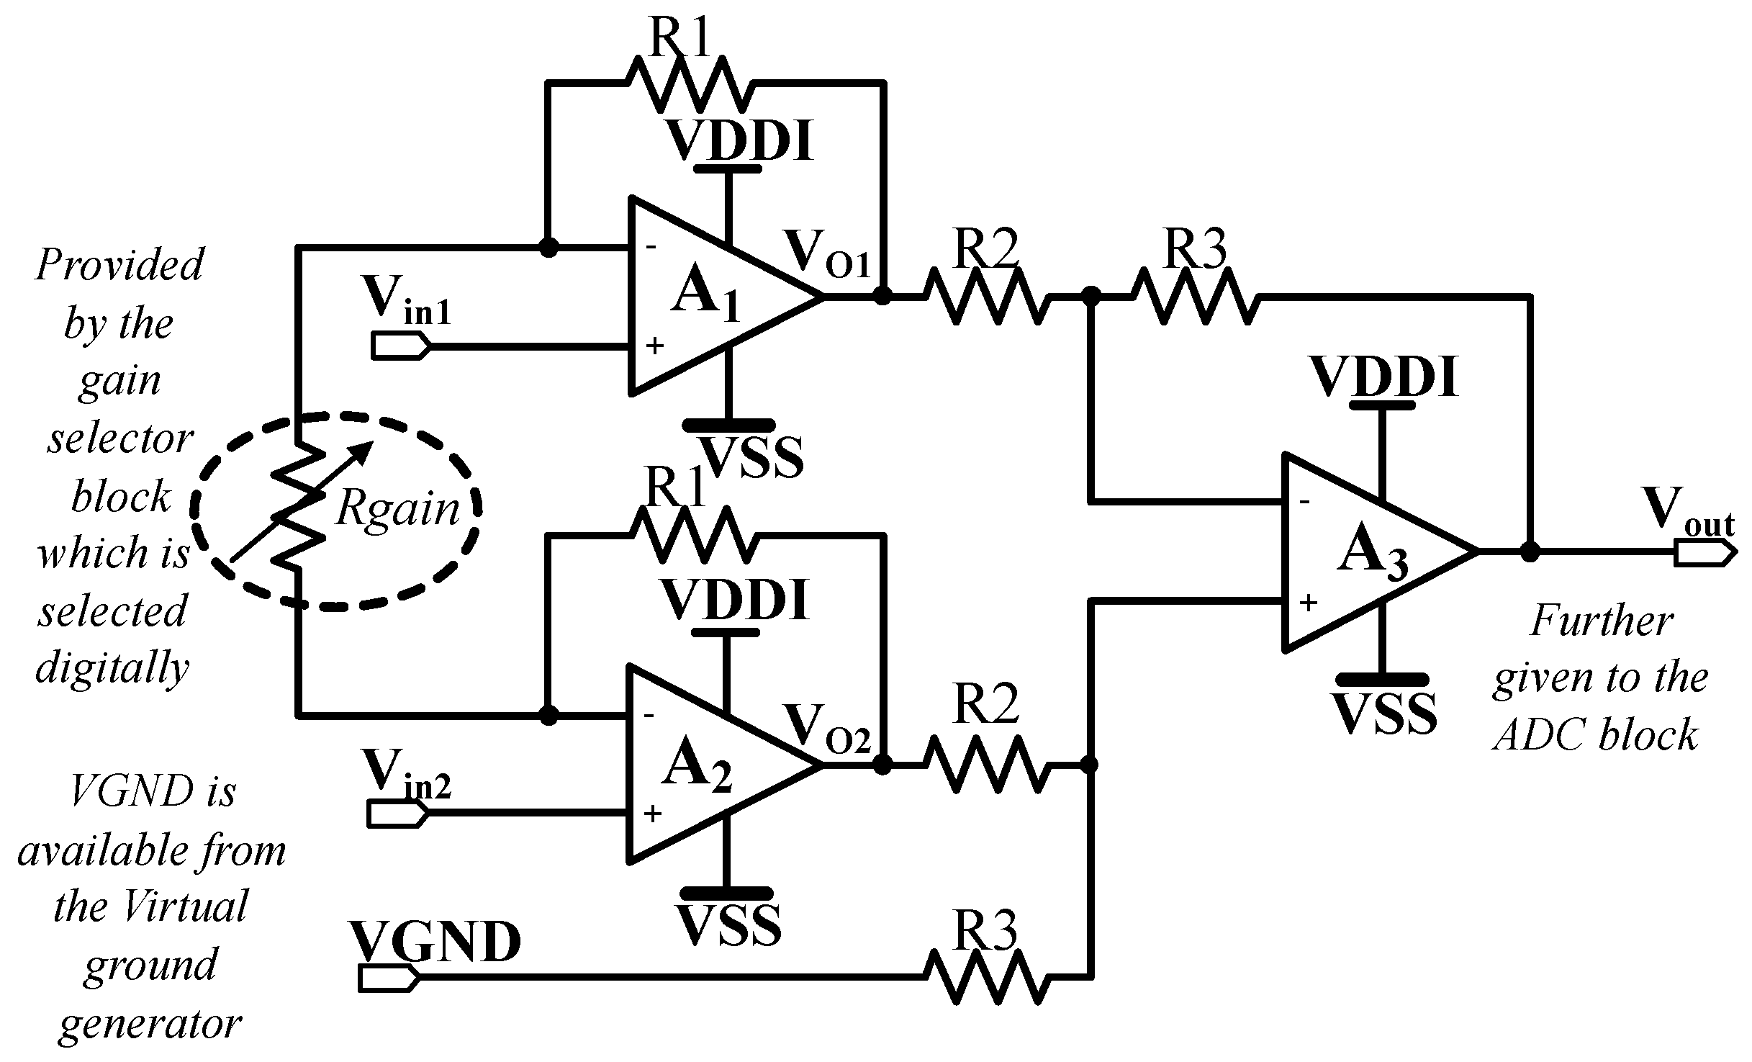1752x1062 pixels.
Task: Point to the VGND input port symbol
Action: click(387, 978)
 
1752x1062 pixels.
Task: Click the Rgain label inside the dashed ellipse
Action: click(397, 510)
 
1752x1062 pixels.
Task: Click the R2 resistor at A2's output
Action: click(983, 765)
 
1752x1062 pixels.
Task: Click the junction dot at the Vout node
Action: click(1530, 553)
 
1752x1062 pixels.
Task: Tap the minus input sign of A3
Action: click(1304, 502)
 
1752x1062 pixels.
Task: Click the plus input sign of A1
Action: click(654, 346)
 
